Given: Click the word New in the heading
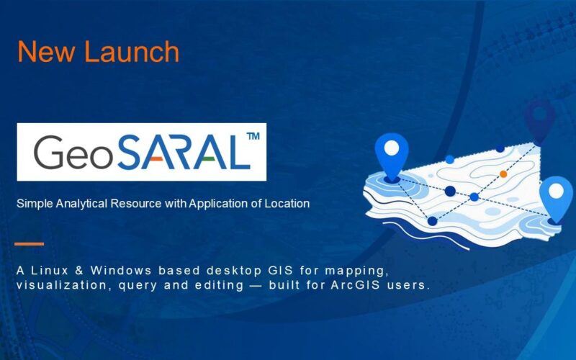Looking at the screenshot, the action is [45, 51].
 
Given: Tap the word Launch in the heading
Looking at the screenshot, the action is [132, 51].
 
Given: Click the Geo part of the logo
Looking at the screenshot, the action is [73, 153].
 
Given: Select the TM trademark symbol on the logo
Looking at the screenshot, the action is [253, 136].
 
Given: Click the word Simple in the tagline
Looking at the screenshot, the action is [35, 204].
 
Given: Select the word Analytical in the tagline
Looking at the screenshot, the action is [82, 204].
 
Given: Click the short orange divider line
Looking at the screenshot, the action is [30, 244].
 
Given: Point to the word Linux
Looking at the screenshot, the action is [50, 271].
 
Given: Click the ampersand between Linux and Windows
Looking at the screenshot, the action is [79, 271].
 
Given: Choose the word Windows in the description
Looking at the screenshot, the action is [121, 271].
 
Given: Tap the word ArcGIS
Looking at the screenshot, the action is [355, 285].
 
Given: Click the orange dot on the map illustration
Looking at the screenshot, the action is [503, 174].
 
